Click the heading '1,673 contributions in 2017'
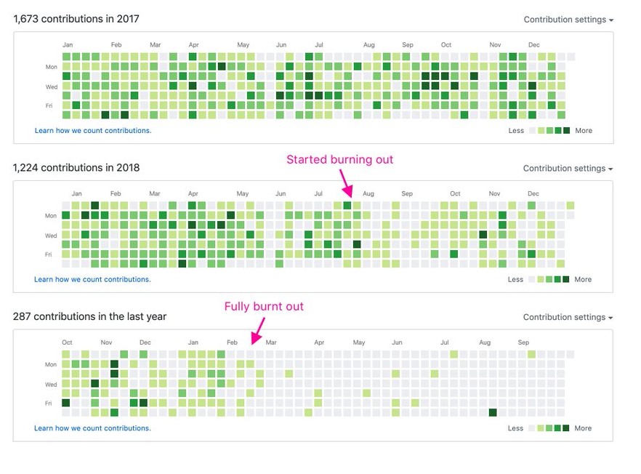click(x=76, y=19)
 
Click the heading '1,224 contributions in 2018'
click(x=76, y=168)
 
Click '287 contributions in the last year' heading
click(x=90, y=317)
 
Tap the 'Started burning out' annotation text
click(x=339, y=160)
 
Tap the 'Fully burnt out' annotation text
click(x=264, y=307)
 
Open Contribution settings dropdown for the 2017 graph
click(x=568, y=20)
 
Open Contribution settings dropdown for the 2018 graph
click(x=568, y=169)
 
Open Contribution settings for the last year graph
click(x=568, y=318)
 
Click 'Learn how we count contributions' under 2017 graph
click(x=93, y=131)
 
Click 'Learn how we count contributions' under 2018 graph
click(x=92, y=279)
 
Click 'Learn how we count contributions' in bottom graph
click(x=92, y=428)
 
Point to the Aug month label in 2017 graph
click(x=369, y=45)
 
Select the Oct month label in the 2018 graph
click(x=455, y=194)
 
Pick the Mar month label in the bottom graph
click(x=270, y=342)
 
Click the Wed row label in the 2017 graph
click(x=50, y=86)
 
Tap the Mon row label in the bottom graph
click(x=51, y=365)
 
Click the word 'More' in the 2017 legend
click(x=584, y=131)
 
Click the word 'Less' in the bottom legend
click(x=515, y=428)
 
